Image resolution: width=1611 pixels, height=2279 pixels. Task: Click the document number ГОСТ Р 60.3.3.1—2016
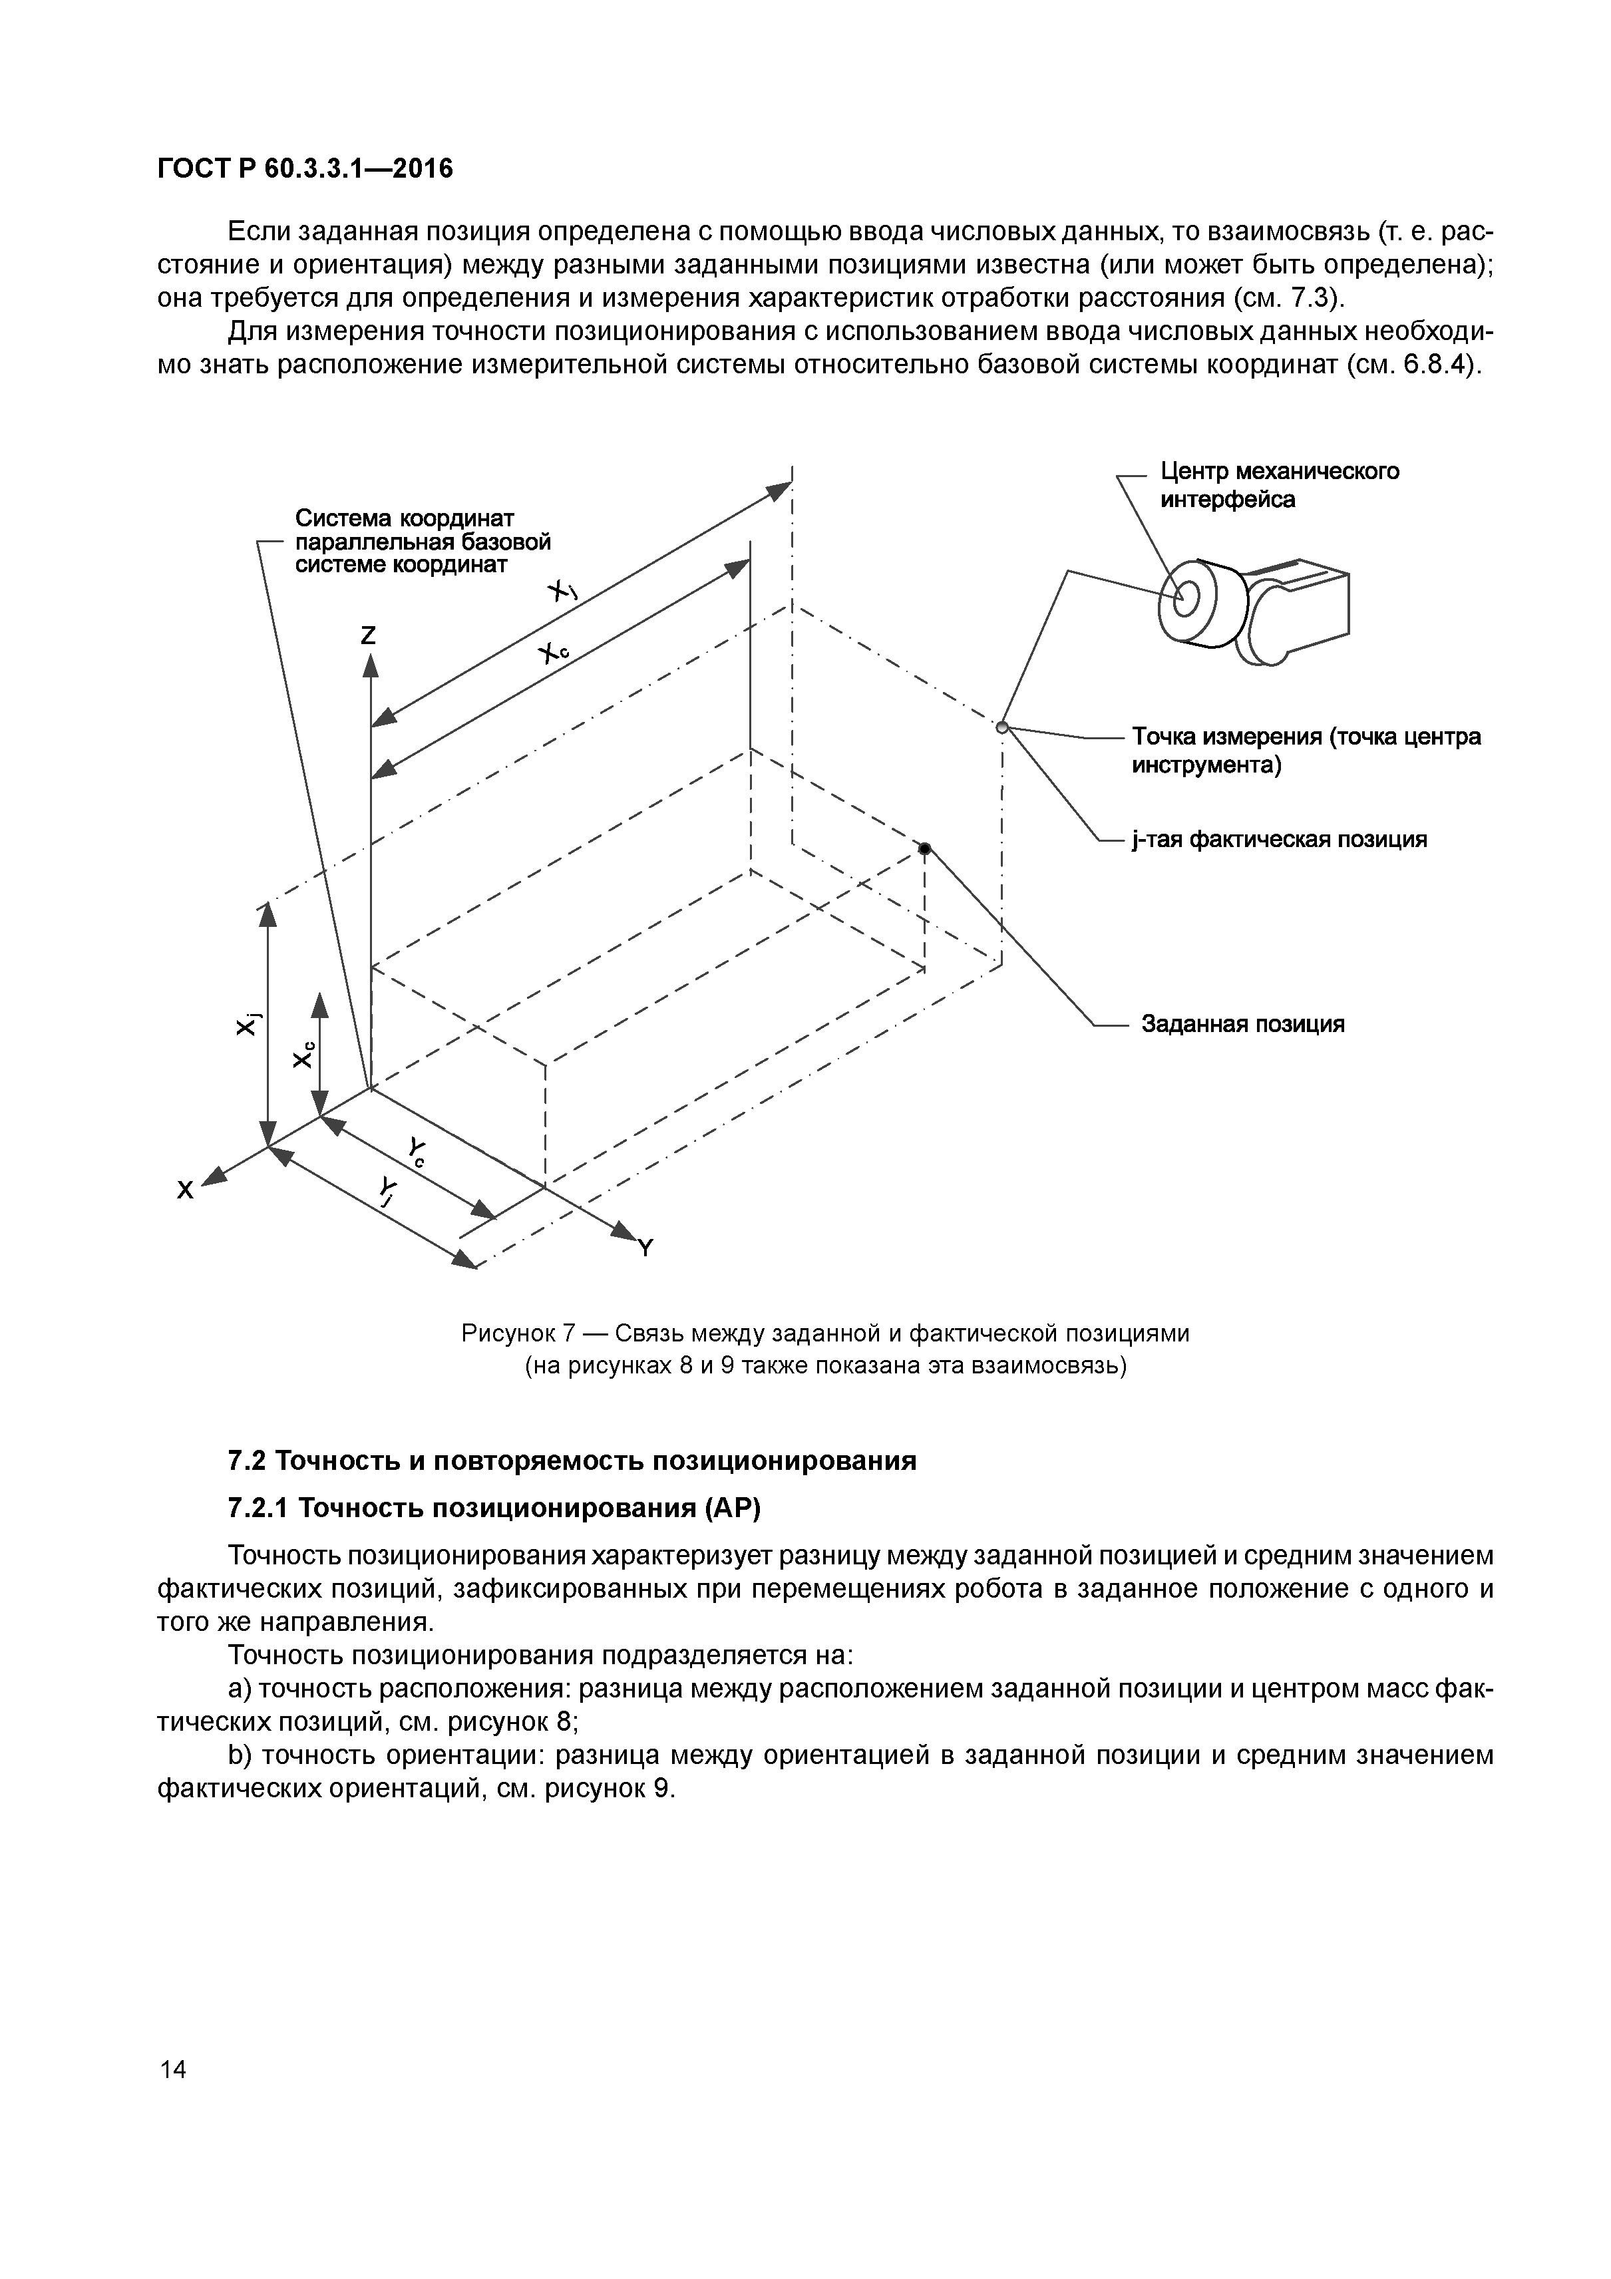click(x=305, y=170)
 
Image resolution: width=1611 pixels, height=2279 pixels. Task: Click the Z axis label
click(x=368, y=635)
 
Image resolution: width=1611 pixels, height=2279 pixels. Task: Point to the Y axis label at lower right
click(x=645, y=1248)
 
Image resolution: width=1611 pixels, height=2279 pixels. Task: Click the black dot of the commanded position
click(x=924, y=848)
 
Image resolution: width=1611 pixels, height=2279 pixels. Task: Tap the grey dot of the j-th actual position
click(x=1001, y=727)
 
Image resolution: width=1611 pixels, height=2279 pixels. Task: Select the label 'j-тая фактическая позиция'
click(x=1278, y=840)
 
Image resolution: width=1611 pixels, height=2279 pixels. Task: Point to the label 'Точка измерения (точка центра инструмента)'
click(x=1306, y=751)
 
